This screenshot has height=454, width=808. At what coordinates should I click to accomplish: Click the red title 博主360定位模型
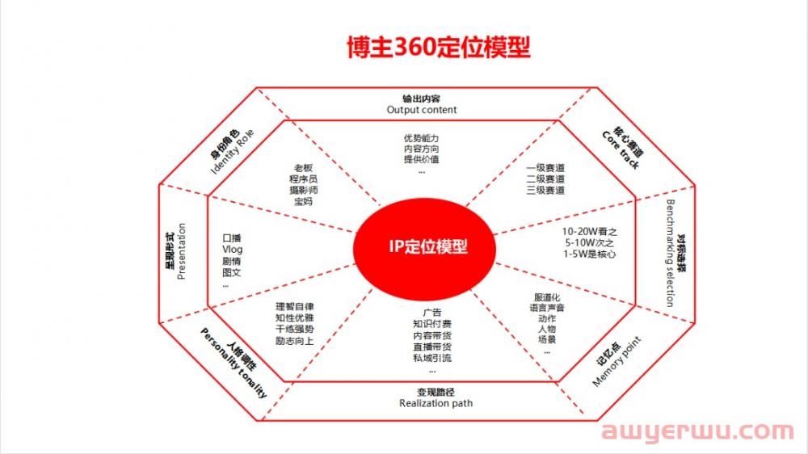pyautogui.click(x=439, y=47)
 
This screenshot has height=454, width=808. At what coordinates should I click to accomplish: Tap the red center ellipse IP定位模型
pyautogui.click(x=425, y=248)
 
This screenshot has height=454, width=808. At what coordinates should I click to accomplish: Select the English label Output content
pyautogui.click(x=422, y=110)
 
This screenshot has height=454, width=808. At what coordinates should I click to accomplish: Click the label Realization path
pyautogui.click(x=436, y=403)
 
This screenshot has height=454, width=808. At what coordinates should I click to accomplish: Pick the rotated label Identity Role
pyautogui.click(x=233, y=152)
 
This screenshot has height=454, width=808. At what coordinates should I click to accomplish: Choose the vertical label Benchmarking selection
pyautogui.click(x=670, y=253)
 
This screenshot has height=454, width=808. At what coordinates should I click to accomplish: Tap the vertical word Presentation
pyautogui.click(x=181, y=251)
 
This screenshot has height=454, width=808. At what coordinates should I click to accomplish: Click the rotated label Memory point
pyautogui.click(x=617, y=362)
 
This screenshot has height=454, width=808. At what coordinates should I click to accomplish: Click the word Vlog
pyautogui.click(x=233, y=250)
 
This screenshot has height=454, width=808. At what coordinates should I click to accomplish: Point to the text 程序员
pyautogui.click(x=303, y=179)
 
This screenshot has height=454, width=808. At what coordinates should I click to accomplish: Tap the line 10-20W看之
pyautogui.click(x=589, y=232)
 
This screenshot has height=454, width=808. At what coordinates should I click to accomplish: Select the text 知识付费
pyautogui.click(x=431, y=324)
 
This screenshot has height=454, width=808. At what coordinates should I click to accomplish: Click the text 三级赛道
pyautogui.click(x=545, y=190)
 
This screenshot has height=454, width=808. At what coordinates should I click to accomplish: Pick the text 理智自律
pyautogui.click(x=294, y=307)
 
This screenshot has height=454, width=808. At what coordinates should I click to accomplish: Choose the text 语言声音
pyautogui.click(x=547, y=308)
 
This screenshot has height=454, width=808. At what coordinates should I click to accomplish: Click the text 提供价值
pyautogui.click(x=422, y=159)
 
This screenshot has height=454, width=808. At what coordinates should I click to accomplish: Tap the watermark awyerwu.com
pyautogui.click(x=697, y=431)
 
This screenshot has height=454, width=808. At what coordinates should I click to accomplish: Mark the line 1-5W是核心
pyautogui.click(x=589, y=254)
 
